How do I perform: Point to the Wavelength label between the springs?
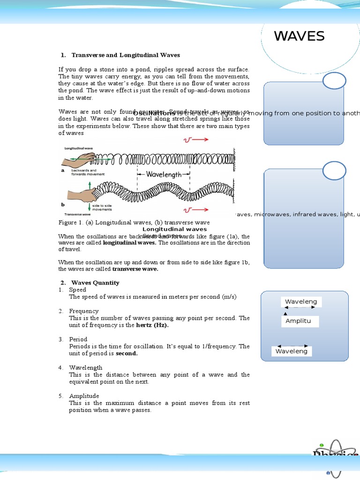click(164, 174)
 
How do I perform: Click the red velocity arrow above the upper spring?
click(195, 140)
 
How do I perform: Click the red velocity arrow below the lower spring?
click(195, 210)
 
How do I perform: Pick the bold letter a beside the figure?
click(62, 171)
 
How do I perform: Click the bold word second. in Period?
click(127, 353)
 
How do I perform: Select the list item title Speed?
click(78, 290)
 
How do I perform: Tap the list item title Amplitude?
click(84, 396)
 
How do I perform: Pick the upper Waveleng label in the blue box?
click(301, 302)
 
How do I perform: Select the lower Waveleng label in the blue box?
click(292, 351)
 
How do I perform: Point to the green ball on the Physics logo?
click(322, 445)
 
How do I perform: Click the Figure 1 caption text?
click(134, 222)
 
